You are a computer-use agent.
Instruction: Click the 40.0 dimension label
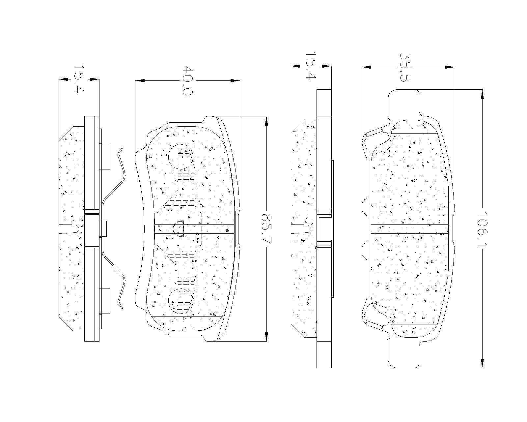pyautogui.click(x=188, y=80)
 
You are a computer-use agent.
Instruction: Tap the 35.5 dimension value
pyautogui.click(x=405, y=67)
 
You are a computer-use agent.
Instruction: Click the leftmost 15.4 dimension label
pyautogui.click(x=79, y=79)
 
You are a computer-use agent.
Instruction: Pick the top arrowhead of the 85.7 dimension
pyautogui.click(x=266, y=121)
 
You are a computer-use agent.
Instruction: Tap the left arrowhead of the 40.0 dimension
pyautogui.click(x=140, y=80)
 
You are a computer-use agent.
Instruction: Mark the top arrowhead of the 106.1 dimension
pyautogui.click(x=482, y=95)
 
